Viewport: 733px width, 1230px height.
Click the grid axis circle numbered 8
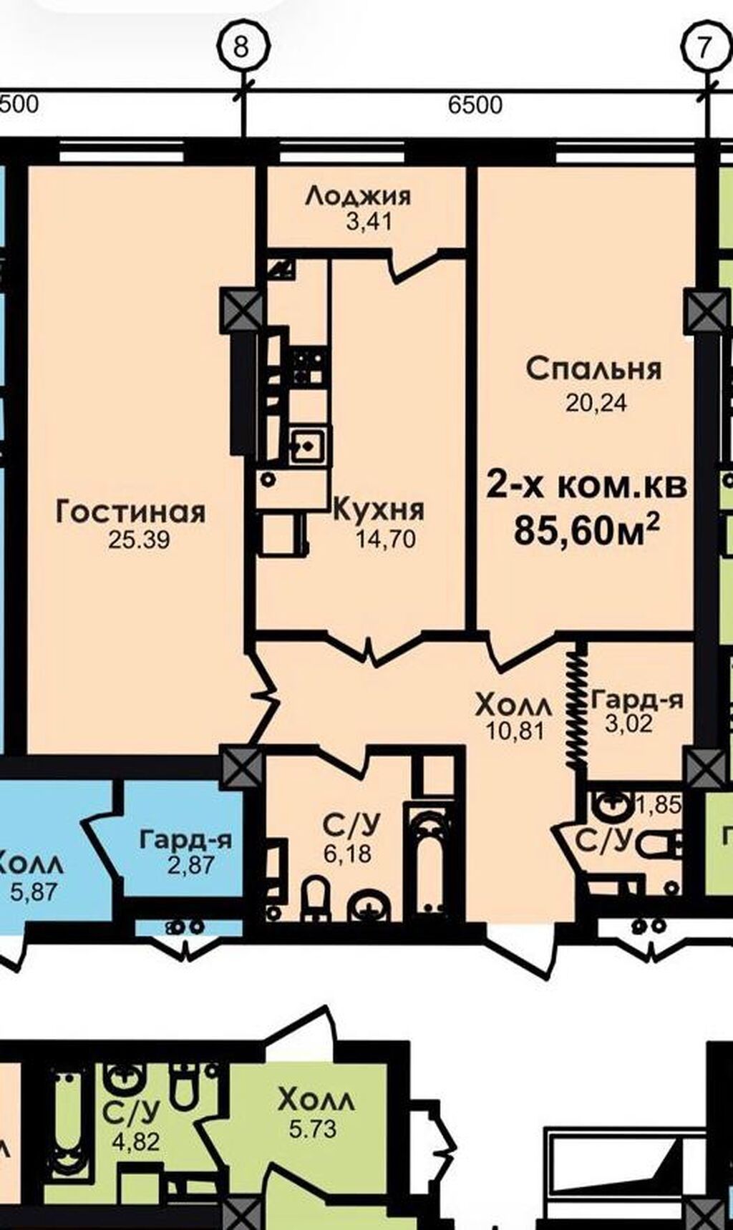(242, 47)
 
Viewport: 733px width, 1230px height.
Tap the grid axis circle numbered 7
(705, 47)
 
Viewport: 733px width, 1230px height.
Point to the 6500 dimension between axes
(475, 105)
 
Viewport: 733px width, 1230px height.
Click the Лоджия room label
(358, 195)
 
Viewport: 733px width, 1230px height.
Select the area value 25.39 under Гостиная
(139, 540)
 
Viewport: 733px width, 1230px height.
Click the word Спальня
(594, 369)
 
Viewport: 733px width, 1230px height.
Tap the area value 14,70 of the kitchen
(385, 539)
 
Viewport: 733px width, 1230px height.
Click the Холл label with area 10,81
(514, 706)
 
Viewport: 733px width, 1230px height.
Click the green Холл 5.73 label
(315, 1100)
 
